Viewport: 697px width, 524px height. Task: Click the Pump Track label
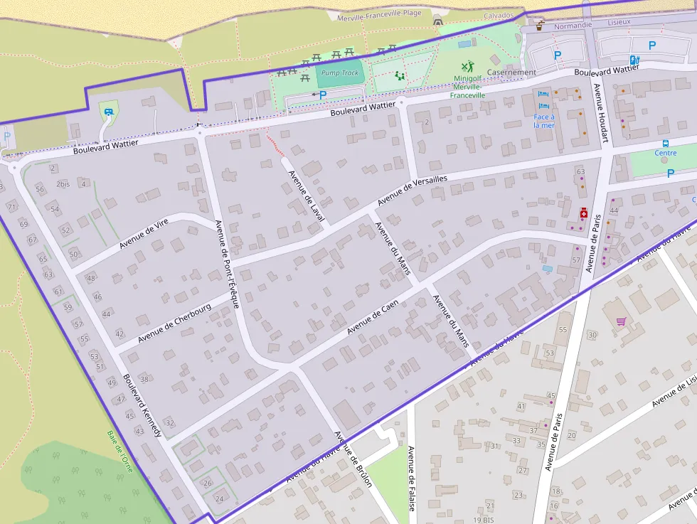[x=340, y=73]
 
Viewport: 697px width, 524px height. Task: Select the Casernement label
[x=511, y=73]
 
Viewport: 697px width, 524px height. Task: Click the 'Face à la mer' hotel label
[x=544, y=121]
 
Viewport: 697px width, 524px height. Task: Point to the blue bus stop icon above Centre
[x=666, y=142]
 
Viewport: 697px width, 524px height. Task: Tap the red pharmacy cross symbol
[x=583, y=213]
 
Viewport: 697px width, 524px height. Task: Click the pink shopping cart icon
[x=621, y=321]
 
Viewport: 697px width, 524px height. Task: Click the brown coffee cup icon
[x=541, y=26]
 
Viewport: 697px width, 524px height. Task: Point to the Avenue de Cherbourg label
[x=175, y=322]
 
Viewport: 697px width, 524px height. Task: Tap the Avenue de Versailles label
[x=412, y=190]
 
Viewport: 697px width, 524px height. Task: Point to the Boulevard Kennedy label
[x=142, y=405]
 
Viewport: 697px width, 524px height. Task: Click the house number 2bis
[x=63, y=184]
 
